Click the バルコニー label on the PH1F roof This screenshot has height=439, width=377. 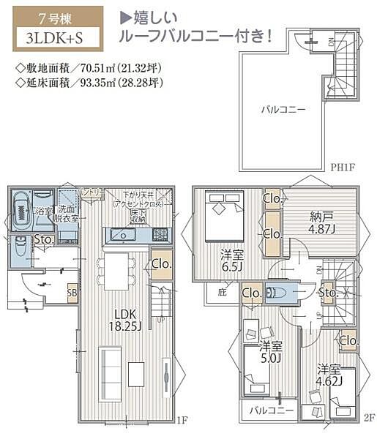283,109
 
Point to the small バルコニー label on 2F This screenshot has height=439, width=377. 271,410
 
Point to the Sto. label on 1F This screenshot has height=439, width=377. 43,239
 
